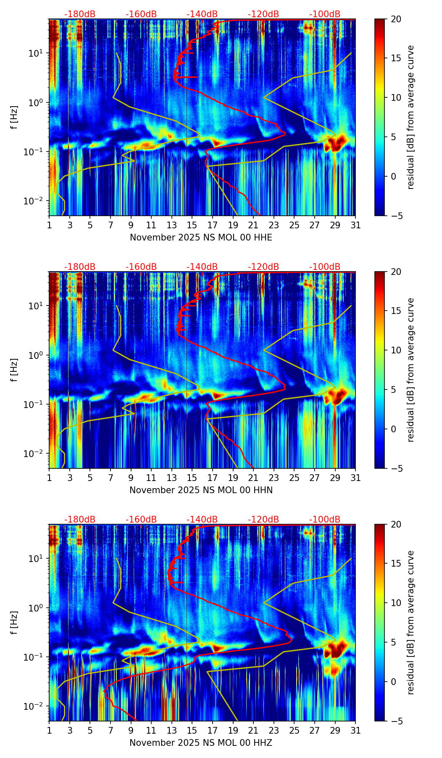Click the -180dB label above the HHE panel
point(80,14)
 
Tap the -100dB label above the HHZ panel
point(325,520)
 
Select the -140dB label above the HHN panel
point(202,267)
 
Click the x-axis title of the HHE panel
point(201,238)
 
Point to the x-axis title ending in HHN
point(201,490)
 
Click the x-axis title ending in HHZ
point(201,743)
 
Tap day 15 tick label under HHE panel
point(192,225)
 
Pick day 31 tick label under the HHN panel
point(355,478)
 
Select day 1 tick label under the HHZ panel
point(49,730)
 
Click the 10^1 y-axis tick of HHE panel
point(38,53)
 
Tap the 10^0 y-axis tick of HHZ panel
point(38,608)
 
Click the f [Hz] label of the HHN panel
point(14,370)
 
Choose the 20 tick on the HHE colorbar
point(396,19)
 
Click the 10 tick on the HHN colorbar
point(396,350)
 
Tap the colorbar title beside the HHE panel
point(410,117)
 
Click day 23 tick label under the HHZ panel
point(274,730)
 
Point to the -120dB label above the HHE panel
point(263,14)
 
